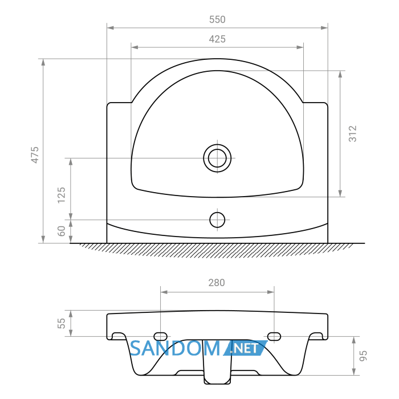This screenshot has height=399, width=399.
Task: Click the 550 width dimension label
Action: tap(217, 19)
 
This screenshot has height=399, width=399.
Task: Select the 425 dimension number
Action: tap(217, 39)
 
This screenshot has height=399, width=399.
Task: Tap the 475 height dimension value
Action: tap(35, 154)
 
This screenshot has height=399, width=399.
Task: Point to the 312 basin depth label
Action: tap(353, 133)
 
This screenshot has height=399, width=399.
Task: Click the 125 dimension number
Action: tap(62, 195)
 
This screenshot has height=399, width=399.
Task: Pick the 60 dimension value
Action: tap(62, 231)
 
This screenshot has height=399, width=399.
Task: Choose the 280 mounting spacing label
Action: tap(217, 283)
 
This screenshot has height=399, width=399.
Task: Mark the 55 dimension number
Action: tap(62, 323)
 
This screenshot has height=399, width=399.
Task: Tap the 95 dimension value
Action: tap(363, 356)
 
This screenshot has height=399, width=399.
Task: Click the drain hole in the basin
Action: tap(217, 158)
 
